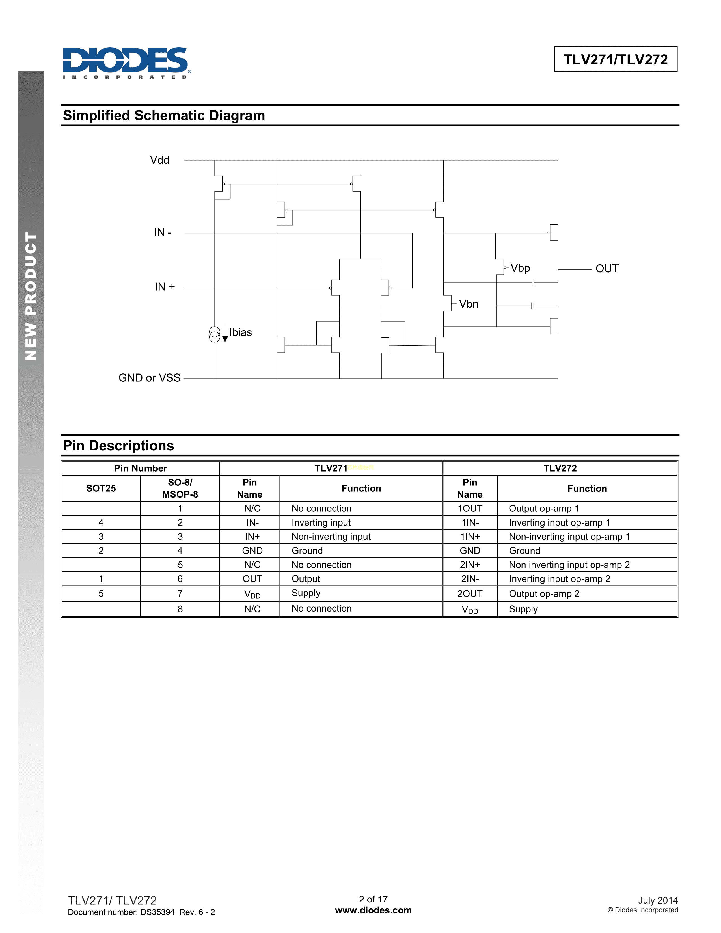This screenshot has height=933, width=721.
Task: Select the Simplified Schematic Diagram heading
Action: pos(164,116)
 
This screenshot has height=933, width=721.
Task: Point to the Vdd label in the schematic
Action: pos(159,160)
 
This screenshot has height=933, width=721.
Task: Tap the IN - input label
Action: pos(162,232)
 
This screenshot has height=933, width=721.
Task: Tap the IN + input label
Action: pos(165,287)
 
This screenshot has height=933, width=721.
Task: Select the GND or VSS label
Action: pos(150,378)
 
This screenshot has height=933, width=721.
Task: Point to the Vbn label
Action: pos(469,304)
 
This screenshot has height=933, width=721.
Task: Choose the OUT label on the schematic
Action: pos(606,269)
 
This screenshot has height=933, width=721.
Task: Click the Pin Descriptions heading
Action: pos(118,446)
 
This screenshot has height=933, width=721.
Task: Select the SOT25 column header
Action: pos(101,488)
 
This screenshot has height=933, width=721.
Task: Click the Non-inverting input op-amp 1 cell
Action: pos(569,537)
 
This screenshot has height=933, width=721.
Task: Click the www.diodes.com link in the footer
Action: pos(373,910)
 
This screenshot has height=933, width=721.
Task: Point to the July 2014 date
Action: pos(657,900)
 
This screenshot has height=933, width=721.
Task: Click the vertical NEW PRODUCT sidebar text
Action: pos(31,296)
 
